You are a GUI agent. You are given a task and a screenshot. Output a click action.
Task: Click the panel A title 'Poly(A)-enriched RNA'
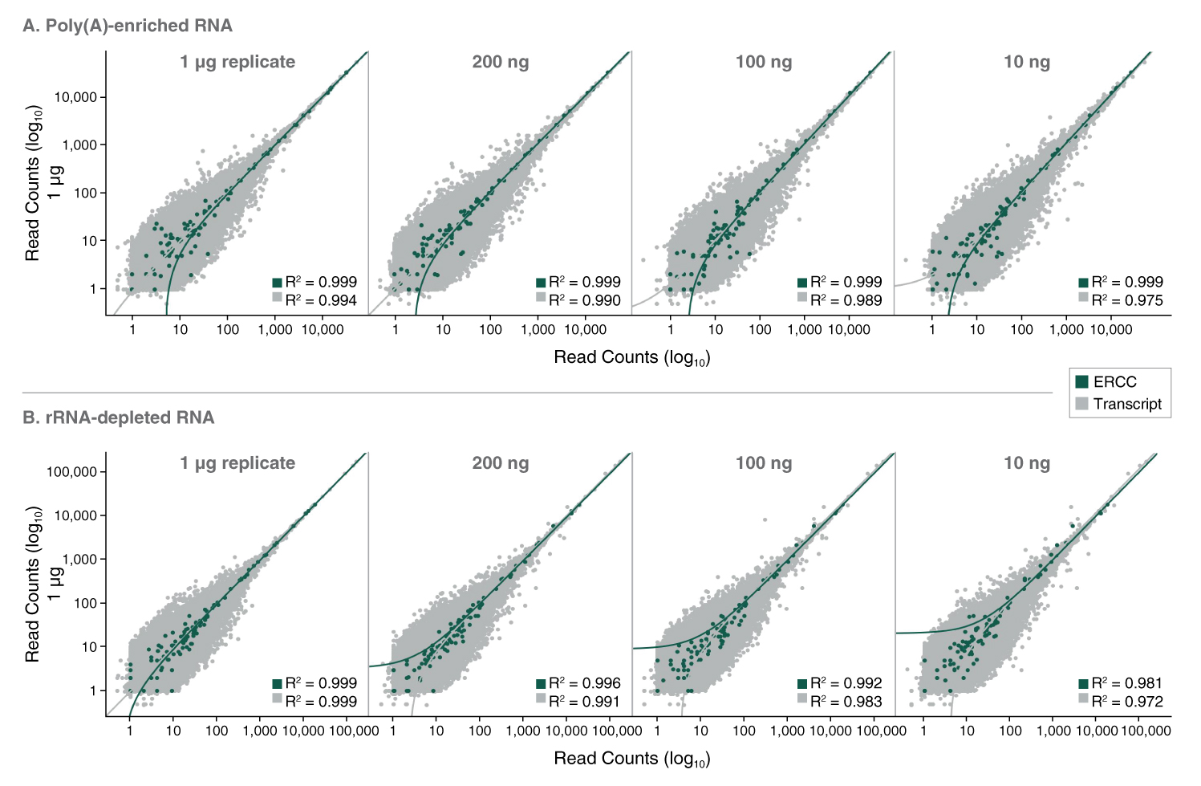tap(128, 26)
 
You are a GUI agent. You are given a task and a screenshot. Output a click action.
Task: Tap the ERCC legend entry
tap(1114, 382)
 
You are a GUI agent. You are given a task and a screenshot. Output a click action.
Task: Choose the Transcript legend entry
tap(1126, 404)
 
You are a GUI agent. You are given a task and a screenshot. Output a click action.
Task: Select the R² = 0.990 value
tap(584, 300)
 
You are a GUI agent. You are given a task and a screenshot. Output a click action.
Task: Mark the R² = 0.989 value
tap(846, 300)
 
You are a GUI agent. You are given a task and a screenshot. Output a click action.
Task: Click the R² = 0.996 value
tap(584, 683)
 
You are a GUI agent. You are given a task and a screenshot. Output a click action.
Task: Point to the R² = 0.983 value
tap(846, 702)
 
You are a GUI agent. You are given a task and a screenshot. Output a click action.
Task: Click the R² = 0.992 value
tap(846, 683)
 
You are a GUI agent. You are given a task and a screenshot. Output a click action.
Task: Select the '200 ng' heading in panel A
tap(501, 62)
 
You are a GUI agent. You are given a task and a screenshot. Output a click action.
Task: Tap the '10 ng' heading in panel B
tap(1027, 463)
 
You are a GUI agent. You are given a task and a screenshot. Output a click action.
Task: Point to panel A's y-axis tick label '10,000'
tap(75, 97)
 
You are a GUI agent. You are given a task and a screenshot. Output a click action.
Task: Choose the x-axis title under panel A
tap(632, 357)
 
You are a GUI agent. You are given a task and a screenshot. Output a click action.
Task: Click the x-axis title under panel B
tap(632, 759)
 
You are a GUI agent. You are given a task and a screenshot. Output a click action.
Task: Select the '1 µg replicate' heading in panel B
tap(237, 463)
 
